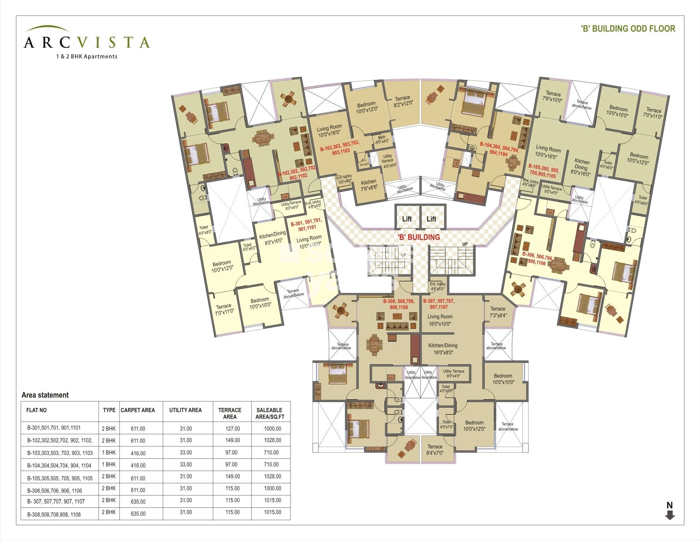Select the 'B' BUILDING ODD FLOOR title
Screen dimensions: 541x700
pos(628,29)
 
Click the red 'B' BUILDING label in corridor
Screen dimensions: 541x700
pos(419,237)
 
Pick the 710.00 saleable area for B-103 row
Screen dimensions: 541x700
pos(271,452)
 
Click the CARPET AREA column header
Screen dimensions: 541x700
pos(138,410)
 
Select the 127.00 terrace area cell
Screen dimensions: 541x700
pos(232,429)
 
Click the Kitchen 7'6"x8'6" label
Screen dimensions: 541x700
pos(368,185)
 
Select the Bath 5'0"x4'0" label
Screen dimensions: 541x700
pos(382,139)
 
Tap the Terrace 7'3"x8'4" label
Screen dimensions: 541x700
pos(498,312)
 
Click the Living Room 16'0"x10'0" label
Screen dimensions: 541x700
pos(440,320)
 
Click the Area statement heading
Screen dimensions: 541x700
pos(45,395)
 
